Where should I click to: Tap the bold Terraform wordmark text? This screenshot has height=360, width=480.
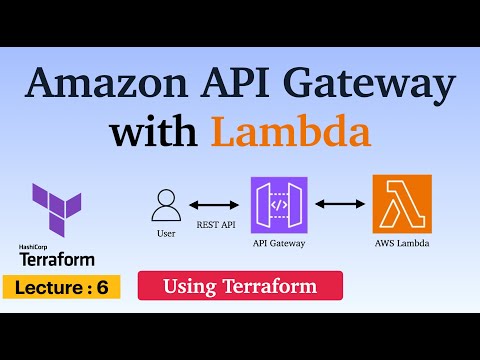58,259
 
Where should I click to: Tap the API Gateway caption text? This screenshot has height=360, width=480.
277,241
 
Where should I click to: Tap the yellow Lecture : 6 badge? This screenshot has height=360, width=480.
62,287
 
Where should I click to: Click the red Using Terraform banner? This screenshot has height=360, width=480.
239,287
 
